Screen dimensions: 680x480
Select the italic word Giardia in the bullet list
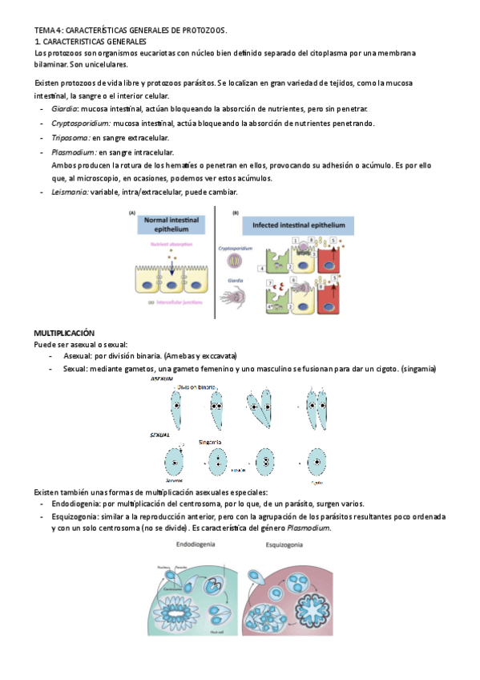64,109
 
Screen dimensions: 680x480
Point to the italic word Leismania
70,192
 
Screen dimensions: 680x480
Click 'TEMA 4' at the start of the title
46,30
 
